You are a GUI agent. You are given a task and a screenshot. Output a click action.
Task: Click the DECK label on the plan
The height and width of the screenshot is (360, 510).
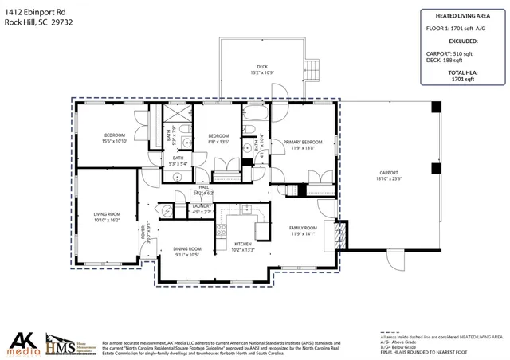point(261,66)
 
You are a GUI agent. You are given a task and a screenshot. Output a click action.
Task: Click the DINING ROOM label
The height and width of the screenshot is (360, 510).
point(188,249)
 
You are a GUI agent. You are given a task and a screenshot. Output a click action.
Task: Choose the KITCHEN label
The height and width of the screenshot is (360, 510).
point(243,244)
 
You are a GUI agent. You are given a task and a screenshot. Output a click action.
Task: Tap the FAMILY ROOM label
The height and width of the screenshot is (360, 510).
point(304,228)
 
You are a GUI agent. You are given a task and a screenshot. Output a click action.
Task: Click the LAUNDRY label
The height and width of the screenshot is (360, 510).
point(202,206)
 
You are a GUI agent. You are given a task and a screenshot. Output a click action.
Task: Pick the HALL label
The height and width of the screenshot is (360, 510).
point(203,187)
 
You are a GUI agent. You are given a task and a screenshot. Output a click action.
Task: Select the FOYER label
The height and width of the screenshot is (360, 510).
point(143,233)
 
